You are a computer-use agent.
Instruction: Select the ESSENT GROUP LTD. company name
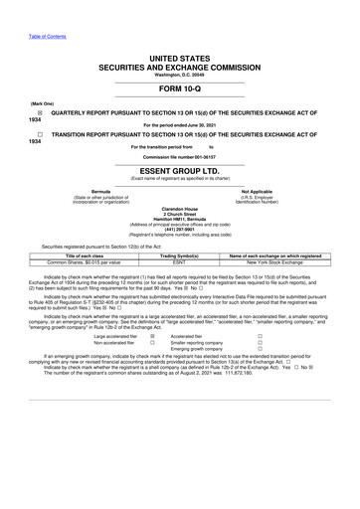pyautogui.click(x=179, y=170)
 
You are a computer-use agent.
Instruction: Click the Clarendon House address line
pyautogui.click(x=179, y=208)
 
